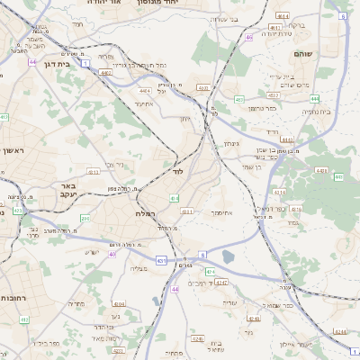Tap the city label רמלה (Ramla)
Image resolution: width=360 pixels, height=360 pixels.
point(146,213)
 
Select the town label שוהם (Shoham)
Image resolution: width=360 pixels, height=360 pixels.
point(302,55)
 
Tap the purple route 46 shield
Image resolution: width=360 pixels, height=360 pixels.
point(248,38)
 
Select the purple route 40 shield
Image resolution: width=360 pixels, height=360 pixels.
point(112,255)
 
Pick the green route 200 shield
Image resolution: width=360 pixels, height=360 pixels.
point(85,218)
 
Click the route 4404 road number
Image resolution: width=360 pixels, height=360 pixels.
point(144,91)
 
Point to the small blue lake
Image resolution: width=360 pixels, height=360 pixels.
point(228,257)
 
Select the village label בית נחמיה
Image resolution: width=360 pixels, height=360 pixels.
point(316,112)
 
